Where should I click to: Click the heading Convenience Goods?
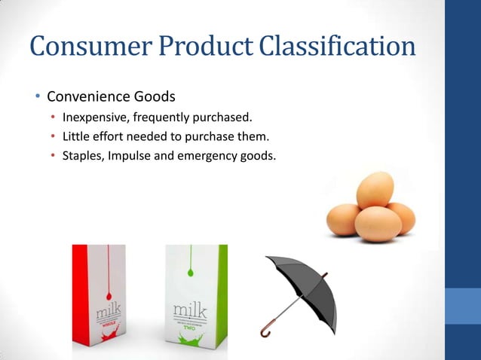[111, 97]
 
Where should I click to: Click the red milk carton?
[99, 301]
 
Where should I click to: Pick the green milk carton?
[196, 301]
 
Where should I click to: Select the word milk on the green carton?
[190, 310]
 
